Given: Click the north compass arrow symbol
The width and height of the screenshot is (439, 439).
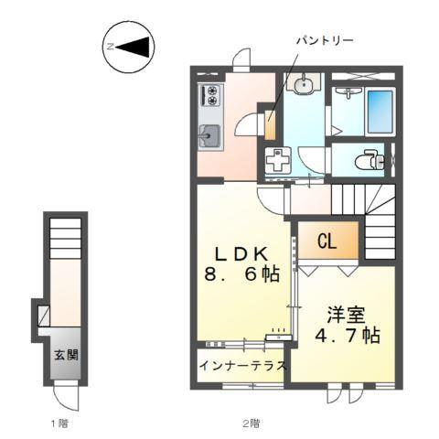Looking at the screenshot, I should tap(129, 46).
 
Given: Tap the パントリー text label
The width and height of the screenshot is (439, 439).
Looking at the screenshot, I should tap(323, 41).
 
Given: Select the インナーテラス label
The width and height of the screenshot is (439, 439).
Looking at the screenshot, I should tap(242, 367).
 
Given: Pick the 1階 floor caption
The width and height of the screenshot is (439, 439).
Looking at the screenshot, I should tap(59, 423).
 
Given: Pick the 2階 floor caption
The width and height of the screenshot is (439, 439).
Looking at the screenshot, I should tap(251, 423).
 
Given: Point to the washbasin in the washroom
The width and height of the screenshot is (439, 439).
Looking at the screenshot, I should tap(302, 85).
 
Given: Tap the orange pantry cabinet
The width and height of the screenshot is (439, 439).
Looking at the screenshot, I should tap(269, 125).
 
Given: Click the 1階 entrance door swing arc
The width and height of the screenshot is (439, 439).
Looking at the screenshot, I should tap(65, 394).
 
